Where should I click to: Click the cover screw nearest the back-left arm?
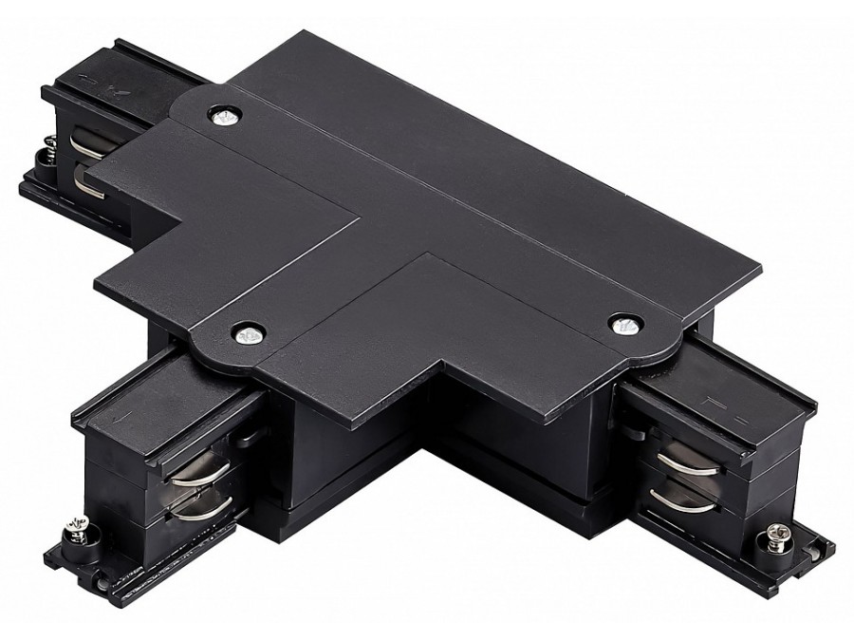coord(224,116)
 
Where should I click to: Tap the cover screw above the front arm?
coord(248,333)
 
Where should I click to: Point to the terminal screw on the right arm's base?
coord(770,543)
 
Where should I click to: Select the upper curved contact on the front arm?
coord(199,470)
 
